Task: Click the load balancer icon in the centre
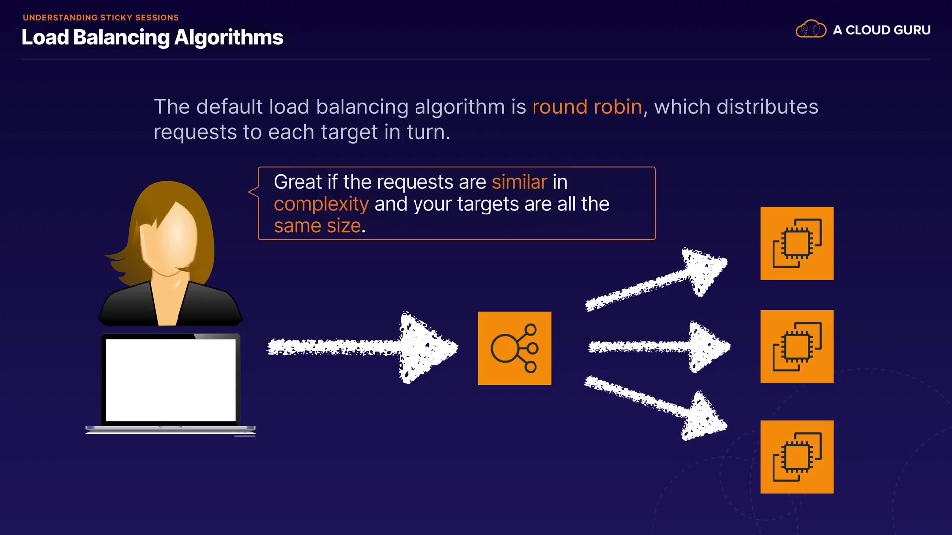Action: coord(515,348)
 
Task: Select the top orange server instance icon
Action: coord(797,243)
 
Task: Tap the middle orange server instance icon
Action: coord(797,347)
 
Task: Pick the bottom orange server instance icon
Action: coord(797,457)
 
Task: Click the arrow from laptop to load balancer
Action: coord(362,347)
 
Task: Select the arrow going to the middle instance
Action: coord(659,347)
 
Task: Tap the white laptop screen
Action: coord(171,380)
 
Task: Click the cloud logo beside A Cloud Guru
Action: coord(811,29)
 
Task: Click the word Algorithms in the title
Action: coord(229,38)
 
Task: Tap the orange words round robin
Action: coord(587,107)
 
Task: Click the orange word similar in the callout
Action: coord(520,182)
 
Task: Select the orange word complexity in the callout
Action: coord(321,205)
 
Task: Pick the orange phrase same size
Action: coord(317,226)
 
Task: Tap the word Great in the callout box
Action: coord(298,182)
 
